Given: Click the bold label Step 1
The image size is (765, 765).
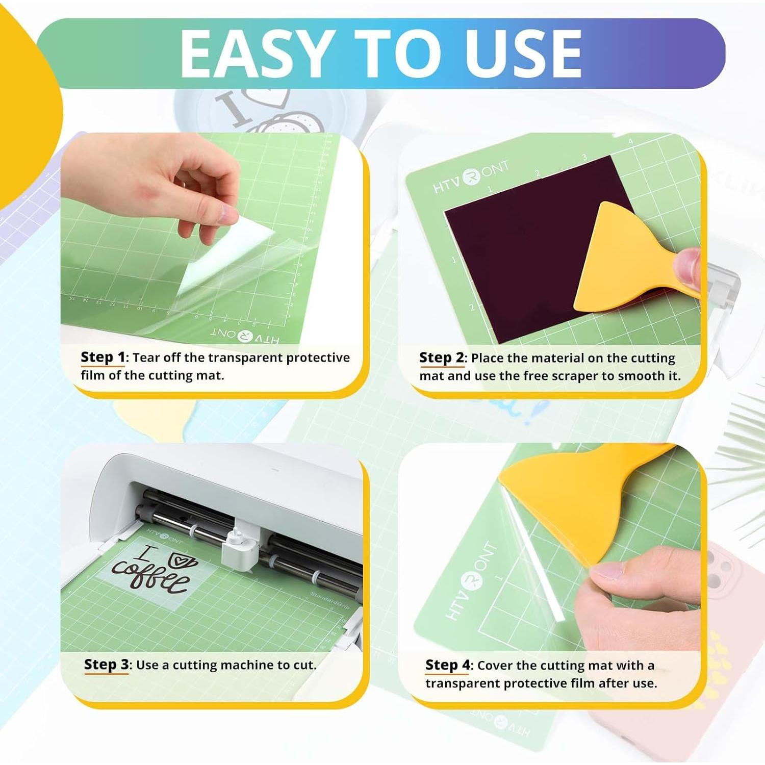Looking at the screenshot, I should [103, 357].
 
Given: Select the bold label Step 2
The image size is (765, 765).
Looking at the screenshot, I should [441, 358].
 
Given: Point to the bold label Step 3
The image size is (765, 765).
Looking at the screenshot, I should [106, 665].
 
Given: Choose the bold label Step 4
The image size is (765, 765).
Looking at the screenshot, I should [448, 665].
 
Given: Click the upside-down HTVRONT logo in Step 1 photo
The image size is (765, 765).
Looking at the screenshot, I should [245, 336].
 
